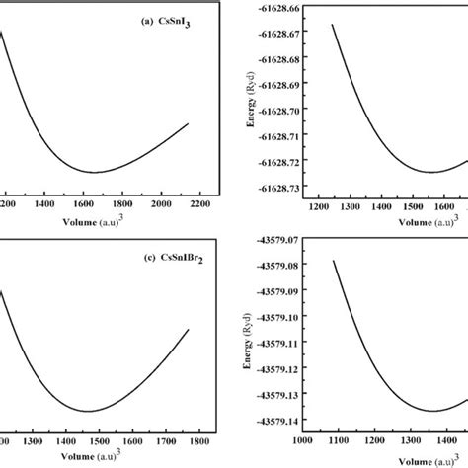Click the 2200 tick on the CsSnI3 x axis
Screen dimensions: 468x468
(x=200, y=202)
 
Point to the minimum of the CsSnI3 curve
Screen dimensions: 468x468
(x=96, y=172)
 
